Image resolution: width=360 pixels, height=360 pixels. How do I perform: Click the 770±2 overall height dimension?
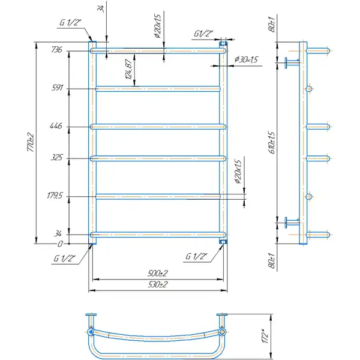pos(31,142)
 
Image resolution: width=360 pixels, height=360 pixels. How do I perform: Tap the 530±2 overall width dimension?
pos(158,284)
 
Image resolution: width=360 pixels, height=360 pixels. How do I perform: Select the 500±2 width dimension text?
pos(158,273)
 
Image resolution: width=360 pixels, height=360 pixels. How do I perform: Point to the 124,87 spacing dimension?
pos(129,69)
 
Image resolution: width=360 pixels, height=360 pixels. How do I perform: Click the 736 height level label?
pos(56,49)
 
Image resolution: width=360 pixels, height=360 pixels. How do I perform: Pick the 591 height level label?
pos(57,88)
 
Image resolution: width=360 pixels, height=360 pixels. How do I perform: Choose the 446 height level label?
pos(56,125)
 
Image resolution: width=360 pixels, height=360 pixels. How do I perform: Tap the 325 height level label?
pos(56,157)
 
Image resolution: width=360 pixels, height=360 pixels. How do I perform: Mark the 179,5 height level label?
pos(55,196)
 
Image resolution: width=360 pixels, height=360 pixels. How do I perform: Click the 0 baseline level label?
pos(60,244)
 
